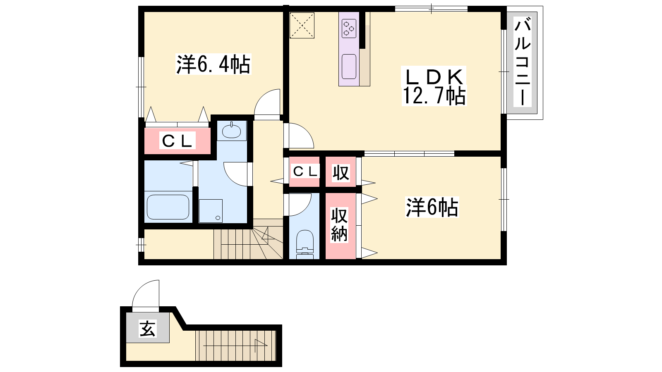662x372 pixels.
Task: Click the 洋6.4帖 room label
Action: [213, 64]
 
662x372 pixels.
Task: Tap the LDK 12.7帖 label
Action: [434, 86]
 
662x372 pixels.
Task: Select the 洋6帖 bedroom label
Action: [432, 207]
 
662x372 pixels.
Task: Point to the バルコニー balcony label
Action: [523, 62]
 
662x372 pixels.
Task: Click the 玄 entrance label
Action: [147, 329]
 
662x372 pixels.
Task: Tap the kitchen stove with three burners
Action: [349, 29]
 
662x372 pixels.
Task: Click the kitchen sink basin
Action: [349, 67]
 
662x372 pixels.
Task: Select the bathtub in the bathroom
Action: [168, 207]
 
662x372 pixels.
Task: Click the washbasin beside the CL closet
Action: [231, 131]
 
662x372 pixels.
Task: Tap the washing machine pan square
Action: [211, 211]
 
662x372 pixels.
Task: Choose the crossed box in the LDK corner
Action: [302, 25]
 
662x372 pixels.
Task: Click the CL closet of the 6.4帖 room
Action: [177, 141]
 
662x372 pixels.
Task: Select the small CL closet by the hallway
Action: [305, 172]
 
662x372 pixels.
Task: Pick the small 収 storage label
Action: [341, 172]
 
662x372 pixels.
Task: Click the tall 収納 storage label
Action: [339, 225]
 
